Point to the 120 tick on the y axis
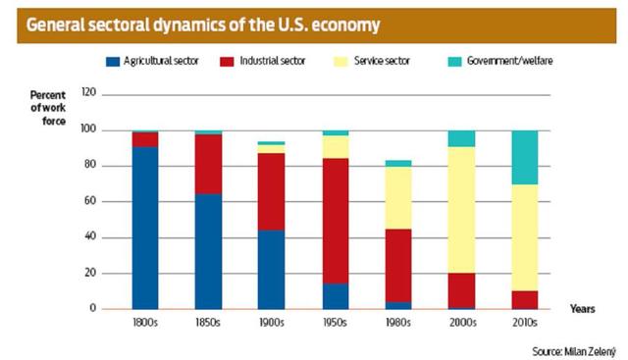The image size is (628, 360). [x=86, y=94]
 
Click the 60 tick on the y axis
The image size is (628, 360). [x=88, y=201]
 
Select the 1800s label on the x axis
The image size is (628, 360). [x=145, y=321]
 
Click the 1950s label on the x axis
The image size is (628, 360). [x=335, y=321]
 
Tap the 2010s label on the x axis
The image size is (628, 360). [x=525, y=321]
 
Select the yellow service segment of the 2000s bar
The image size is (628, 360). [x=461, y=210]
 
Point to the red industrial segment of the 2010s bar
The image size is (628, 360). [x=525, y=299]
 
